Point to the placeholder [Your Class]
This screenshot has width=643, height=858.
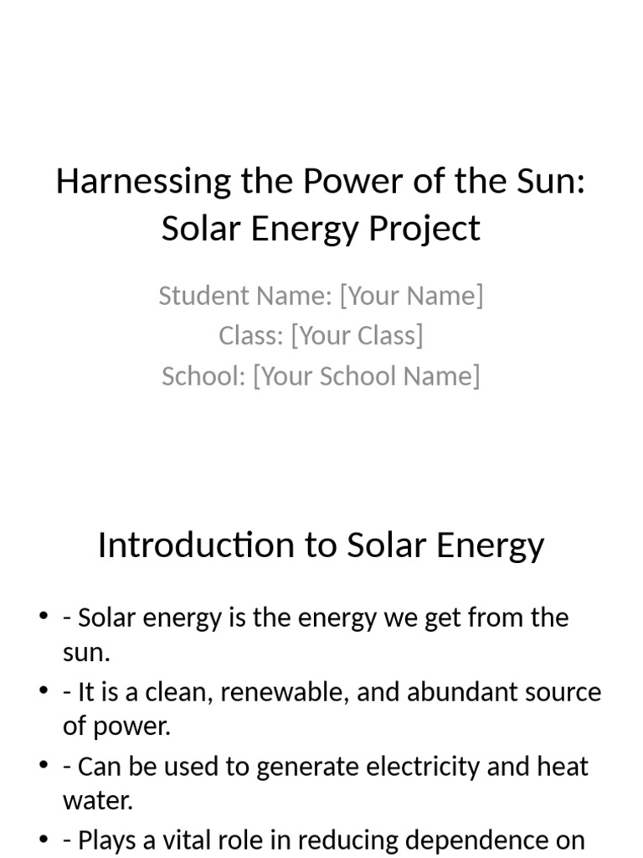pyautogui.click(x=357, y=336)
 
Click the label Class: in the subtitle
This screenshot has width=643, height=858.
pyautogui.click(x=250, y=336)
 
